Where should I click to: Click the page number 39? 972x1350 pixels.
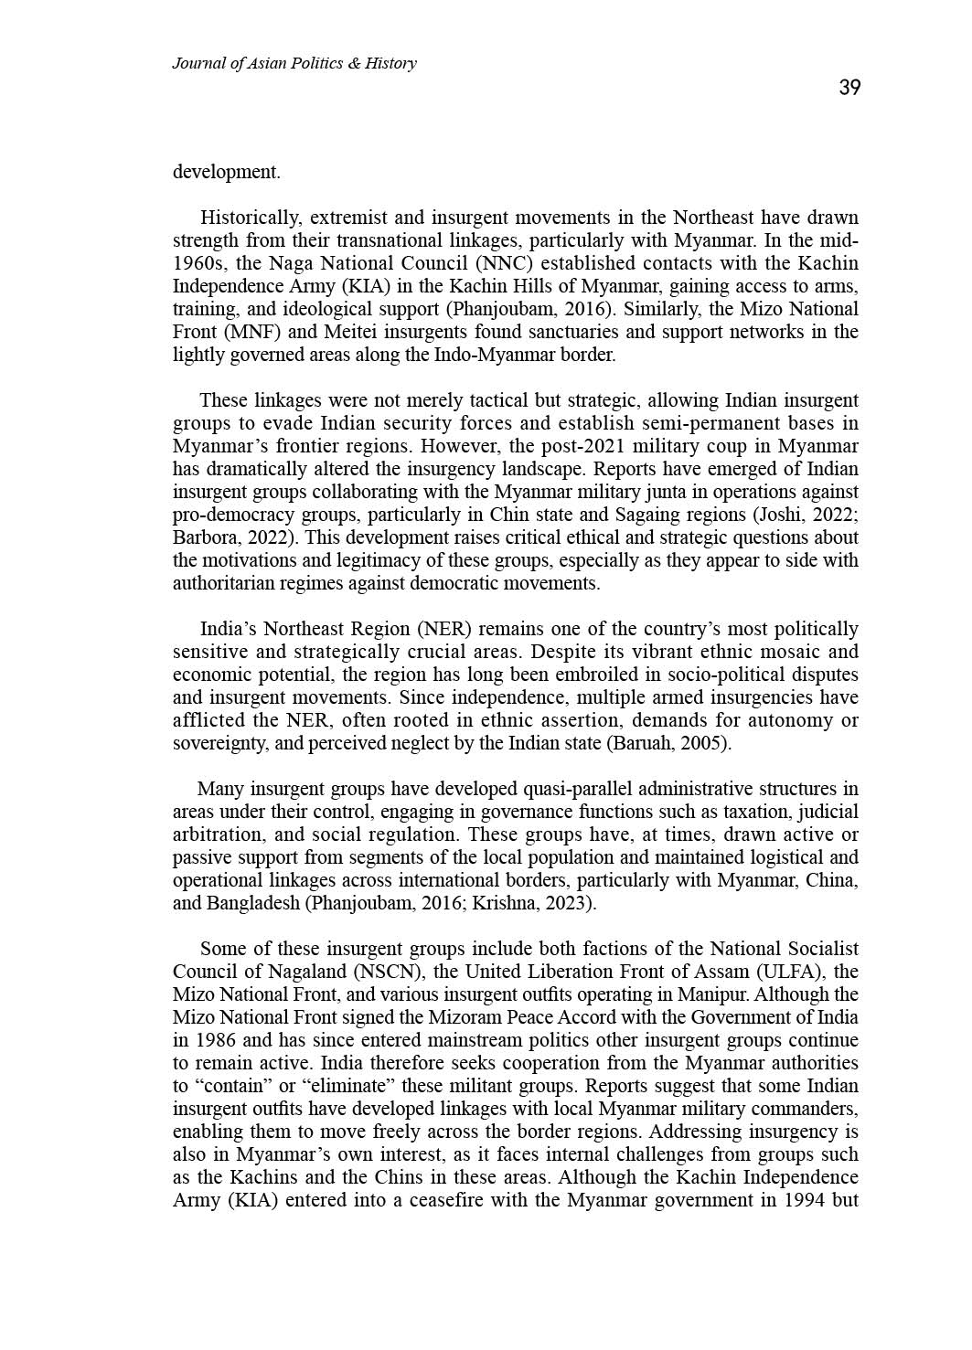click(x=849, y=88)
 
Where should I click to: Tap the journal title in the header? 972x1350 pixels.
click(x=294, y=63)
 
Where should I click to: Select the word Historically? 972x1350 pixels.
click(x=251, y=218)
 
